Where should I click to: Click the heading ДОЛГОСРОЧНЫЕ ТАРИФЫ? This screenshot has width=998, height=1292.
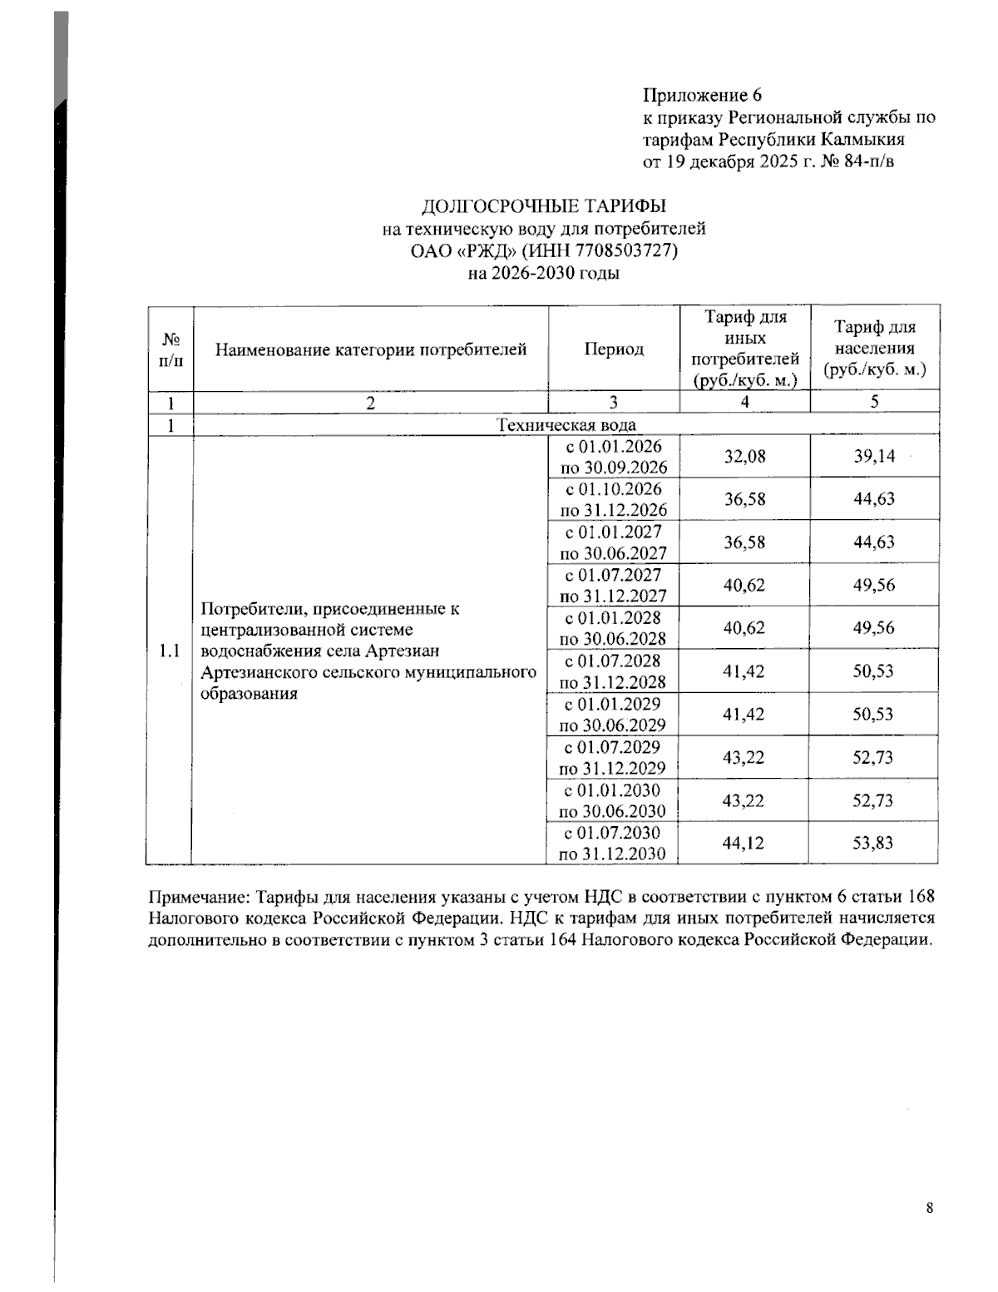point(544,205)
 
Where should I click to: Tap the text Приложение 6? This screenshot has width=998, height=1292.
point(702,95)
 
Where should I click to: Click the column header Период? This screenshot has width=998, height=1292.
point(614,349)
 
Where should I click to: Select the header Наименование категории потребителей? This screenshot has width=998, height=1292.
point(371,349)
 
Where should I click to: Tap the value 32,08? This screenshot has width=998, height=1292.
point(744,456)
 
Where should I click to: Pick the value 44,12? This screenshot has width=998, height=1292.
point(744,843)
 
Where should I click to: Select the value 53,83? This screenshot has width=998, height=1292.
point(872,843)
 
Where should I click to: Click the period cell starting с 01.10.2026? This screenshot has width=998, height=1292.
point(614,499)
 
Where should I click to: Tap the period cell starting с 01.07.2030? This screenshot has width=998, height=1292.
point(613,843)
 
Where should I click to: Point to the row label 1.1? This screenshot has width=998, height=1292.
point(170,650)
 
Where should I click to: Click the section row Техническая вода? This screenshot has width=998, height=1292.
point(566,425)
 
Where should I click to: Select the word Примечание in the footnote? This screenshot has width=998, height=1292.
point(199,897)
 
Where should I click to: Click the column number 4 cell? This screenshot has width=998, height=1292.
point(744,403)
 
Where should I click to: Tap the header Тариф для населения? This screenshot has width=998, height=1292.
point(874,349)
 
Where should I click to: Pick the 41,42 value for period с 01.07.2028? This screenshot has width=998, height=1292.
point(744,671)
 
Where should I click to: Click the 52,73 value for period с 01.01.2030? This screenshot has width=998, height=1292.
point(872,800)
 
